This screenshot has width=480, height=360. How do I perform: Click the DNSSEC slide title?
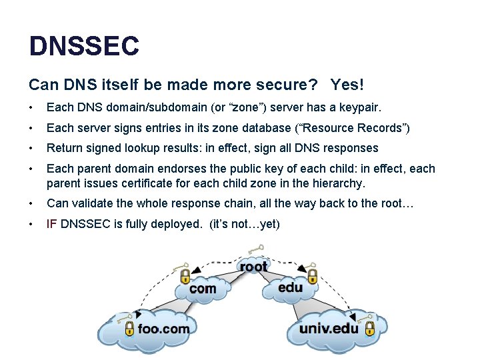pyautogui.click(x=84, y=46)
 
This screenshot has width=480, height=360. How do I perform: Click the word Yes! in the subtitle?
pyautogui.click(x=347, y=85)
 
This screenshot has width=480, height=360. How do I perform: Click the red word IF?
pyautogui.click(x=52, y=224)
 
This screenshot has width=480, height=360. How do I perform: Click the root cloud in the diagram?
pyautogui.click(x=253, y=267)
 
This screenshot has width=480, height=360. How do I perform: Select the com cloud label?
pyautogui.click(x=203, y=289)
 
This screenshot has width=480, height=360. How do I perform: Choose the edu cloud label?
pyautogui.click(x=290, y=288)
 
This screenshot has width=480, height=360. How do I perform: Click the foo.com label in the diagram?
pyautogui.click(x=163, y=328)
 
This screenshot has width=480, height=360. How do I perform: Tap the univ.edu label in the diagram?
pyautogui.click(x=329, y=328)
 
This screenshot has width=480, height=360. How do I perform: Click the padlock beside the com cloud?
pyautogui.click(x=185, y=275)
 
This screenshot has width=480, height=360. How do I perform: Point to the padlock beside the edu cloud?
pyautogui.click(x=311, y=275)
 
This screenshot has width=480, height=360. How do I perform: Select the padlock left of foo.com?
pyautogui.click(x=129, y=328)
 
